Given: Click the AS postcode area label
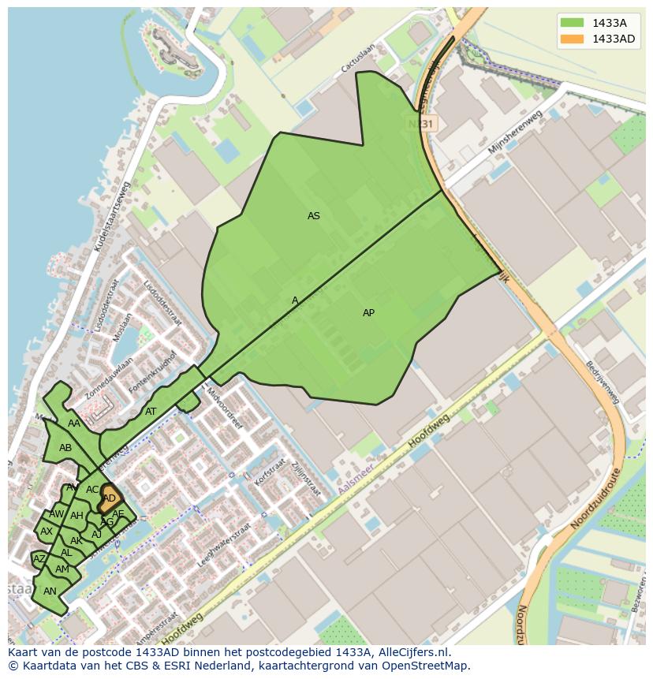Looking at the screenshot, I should [x=314, y=216].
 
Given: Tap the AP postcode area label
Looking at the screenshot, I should [x=368, y=313].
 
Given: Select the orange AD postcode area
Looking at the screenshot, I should [x=110, y=498].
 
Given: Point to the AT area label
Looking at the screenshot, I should [x=151, y=412].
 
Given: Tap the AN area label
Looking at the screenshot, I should [x=50, y=591].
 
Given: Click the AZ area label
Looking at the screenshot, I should [x=39, y=559].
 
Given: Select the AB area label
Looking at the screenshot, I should [x=65, y=448].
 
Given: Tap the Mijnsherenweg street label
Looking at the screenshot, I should [x=516, y=132].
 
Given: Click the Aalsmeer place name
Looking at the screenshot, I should [x=354, y=480].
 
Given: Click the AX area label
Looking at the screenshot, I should [x=47, y=532].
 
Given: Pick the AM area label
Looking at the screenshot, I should [x=62, y=569].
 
